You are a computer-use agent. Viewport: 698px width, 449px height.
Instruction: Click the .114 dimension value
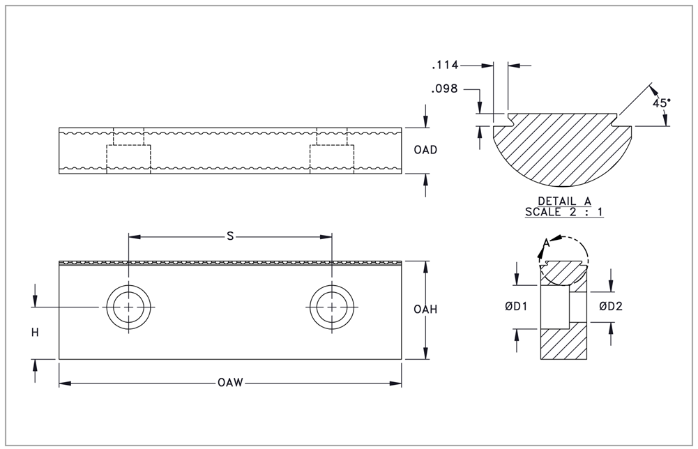point(444,66)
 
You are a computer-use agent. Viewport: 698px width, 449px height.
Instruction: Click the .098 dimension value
point(444,89)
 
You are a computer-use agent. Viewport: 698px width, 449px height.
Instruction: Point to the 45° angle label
point(662,102)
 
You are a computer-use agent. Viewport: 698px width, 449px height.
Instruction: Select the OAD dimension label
point(425,151)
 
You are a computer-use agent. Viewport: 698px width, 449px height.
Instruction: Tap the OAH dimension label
point(425,310)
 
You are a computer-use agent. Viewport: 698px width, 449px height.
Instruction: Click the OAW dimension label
point(230,383)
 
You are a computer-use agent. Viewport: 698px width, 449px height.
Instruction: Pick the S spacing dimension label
point(230,236)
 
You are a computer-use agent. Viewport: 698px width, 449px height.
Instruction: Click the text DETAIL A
point(565,201)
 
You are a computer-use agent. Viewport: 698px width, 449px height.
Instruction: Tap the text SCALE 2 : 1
point(565,211)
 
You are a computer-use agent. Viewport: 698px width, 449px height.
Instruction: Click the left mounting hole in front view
point(128,307)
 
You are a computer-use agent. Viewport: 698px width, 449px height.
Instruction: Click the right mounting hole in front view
point(331,307)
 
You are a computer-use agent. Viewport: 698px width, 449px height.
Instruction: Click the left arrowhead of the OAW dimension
point(63,383)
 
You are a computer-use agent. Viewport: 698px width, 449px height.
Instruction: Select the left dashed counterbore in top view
point(128,156)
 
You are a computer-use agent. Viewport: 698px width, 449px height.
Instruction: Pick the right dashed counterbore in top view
point(332,156)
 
